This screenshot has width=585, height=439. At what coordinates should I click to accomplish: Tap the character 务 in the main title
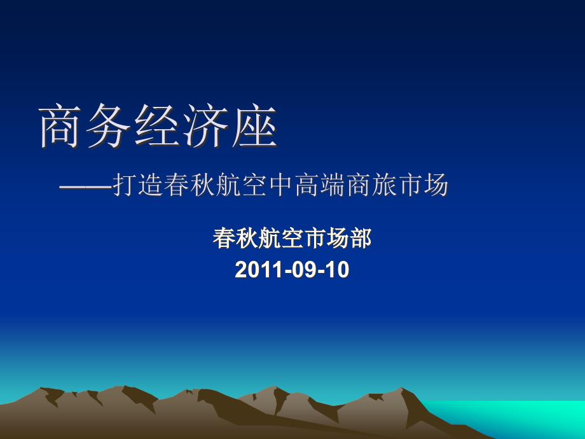[108, 126]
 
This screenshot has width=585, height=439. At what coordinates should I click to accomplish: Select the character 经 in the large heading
[156, 126]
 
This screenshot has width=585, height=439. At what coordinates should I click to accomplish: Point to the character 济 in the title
[205, 126]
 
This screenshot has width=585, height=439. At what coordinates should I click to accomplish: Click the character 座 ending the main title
[254, 126]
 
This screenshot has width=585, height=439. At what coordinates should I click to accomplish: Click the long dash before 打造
[86, 186]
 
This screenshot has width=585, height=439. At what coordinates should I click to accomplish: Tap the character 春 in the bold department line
[224, 238]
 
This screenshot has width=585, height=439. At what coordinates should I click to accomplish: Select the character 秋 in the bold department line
[247, 238]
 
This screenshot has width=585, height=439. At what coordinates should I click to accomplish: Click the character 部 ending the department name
[361, 238]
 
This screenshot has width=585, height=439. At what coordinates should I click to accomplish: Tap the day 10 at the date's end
[336, 270]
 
